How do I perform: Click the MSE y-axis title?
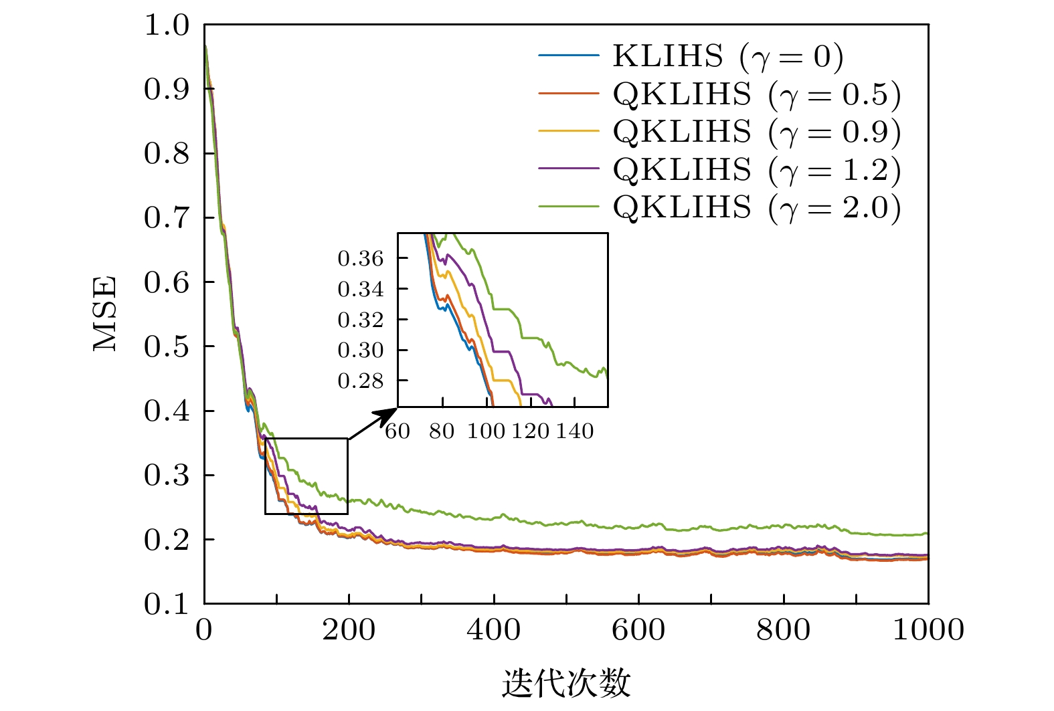point(105,314)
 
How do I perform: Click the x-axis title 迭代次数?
point(566,684)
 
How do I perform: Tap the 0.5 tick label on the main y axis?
point(167,346)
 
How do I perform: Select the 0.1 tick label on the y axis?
point(167,604)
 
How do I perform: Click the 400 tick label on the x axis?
point(494,630)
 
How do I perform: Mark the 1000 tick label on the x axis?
point(928,630)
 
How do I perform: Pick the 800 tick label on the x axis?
point(784,630)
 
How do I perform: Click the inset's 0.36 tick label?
point(361,258)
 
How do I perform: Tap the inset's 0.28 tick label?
point(361,381)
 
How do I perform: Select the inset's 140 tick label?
point(574,431)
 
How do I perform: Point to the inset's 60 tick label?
point(398,431)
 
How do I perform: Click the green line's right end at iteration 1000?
point(928,533)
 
